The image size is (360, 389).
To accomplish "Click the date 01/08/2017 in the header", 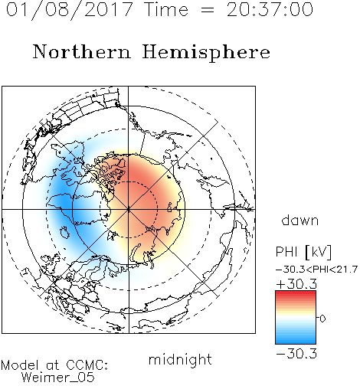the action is pyautogui.click(x=69, y=9).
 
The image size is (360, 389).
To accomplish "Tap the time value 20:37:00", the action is pyautogui.click(x=270, y=9).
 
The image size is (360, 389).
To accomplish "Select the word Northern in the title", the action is pyautogui.click(x=82, y=52).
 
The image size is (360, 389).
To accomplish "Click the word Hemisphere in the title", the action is pyautogui.click(x=206, y=53).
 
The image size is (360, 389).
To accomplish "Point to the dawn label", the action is pyautogui.click(x=300, y=220).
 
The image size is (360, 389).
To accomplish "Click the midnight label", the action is pyautogui.click(x=180, y=359).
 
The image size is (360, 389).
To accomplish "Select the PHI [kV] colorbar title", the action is pyautogui.click(x=303, y=252).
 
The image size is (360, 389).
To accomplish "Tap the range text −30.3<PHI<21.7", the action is pyautogui.click(x=316, y=270).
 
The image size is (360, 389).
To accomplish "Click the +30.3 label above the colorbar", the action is pyautogui.click(x=296, y=284).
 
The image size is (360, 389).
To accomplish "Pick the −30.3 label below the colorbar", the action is pyautogui.click(x=296, y=354).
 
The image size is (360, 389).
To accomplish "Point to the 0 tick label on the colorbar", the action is pyautogui.click(x=322, y=319).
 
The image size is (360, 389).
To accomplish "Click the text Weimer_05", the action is pyautogui.click(x=58, y=378).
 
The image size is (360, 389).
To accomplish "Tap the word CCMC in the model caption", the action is pyautogui.click(x=87, y=365).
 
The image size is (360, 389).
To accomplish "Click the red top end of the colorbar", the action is pyautogui.click(x=296, y=293).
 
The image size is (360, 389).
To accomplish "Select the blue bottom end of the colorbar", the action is pyautogui.click(x=296, y=342).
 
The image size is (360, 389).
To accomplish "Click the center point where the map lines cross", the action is pyautogui.click(x=129, y=209).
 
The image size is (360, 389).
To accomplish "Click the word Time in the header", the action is pyautogui.click(x=166, y=9).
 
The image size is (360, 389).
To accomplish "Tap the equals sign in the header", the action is pyautogui.click(x=208, y=10).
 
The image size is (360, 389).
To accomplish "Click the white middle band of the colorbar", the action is pyautogui.click(x=296, y=319).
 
